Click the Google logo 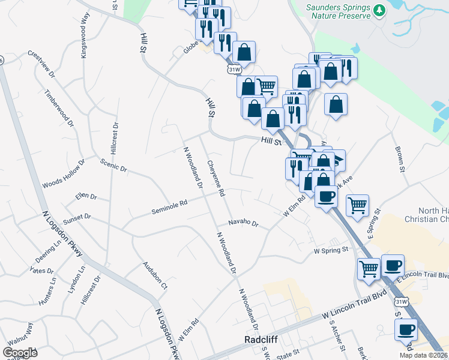tap(20, 353)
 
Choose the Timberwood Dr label tap(59, 107)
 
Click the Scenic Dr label tap(113, 166)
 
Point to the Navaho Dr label tap(243, 224)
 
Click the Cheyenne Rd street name tap(215, 178)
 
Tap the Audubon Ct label tap(154, 275)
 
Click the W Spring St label tap(330, 250)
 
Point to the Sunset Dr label tap(77, 217)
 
